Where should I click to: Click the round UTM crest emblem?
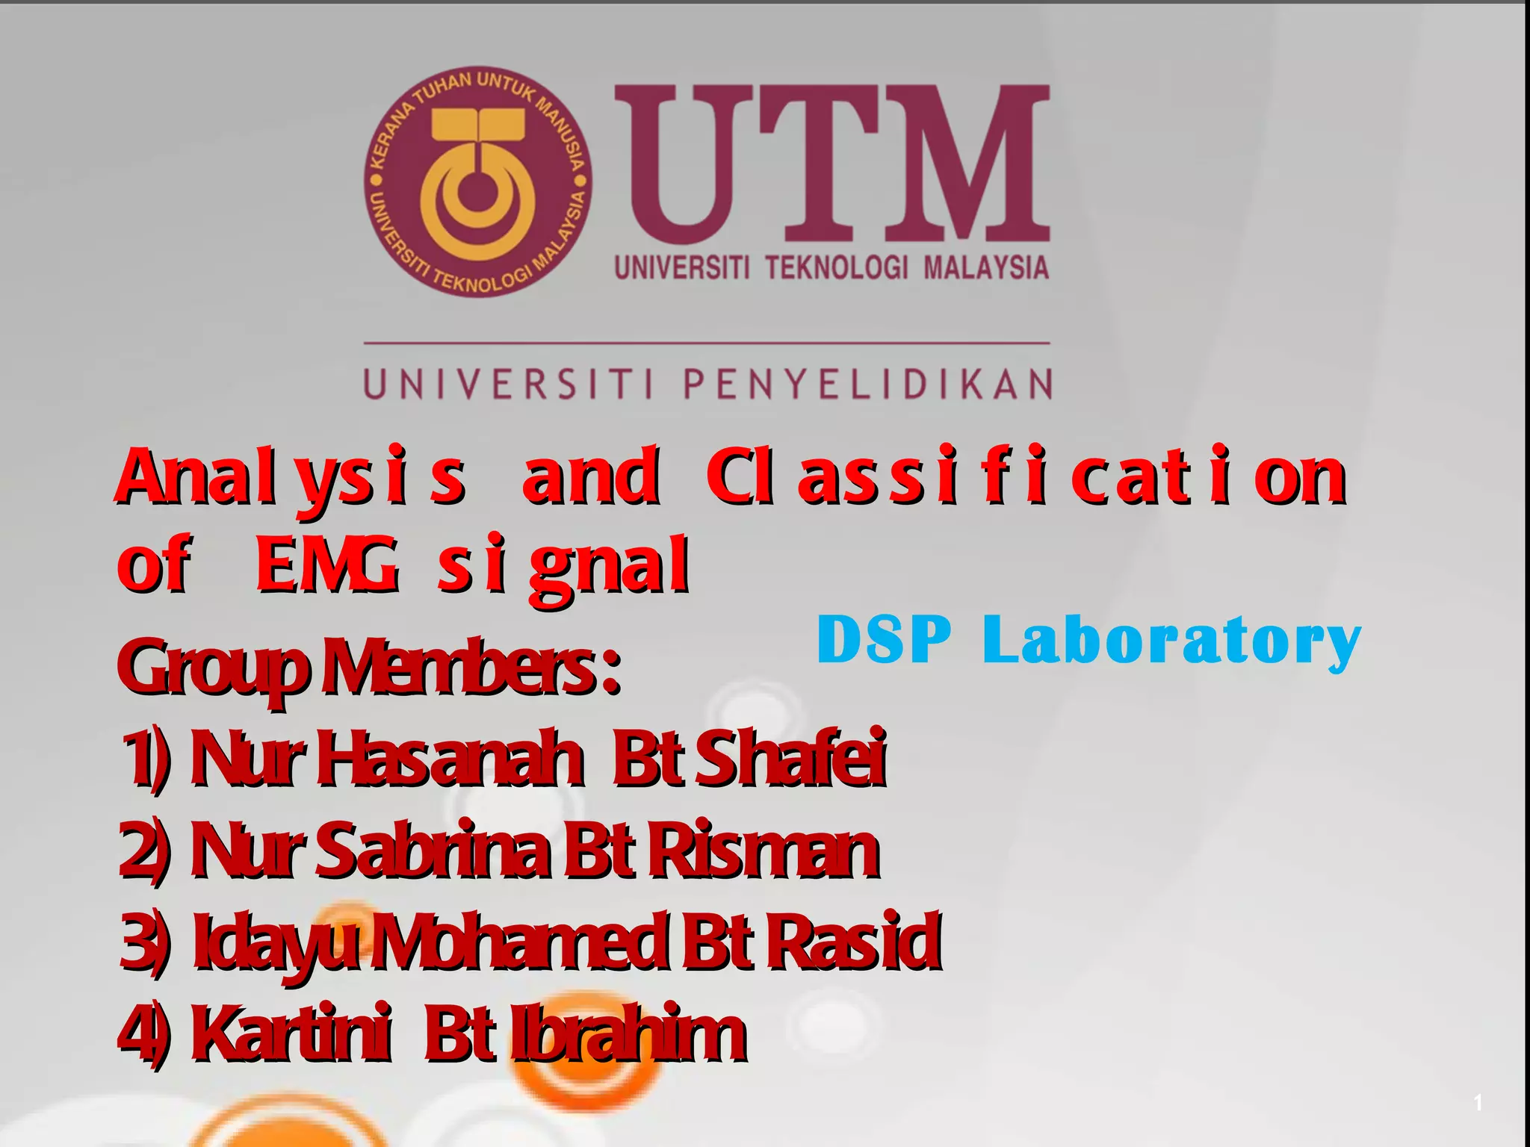click(478, 181)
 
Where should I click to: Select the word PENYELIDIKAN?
click(867, 385)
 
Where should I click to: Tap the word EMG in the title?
click(326, 565)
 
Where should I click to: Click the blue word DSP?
click(884, 639)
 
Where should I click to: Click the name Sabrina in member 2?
click(434, 851)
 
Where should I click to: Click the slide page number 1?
click(1478, 1102)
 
